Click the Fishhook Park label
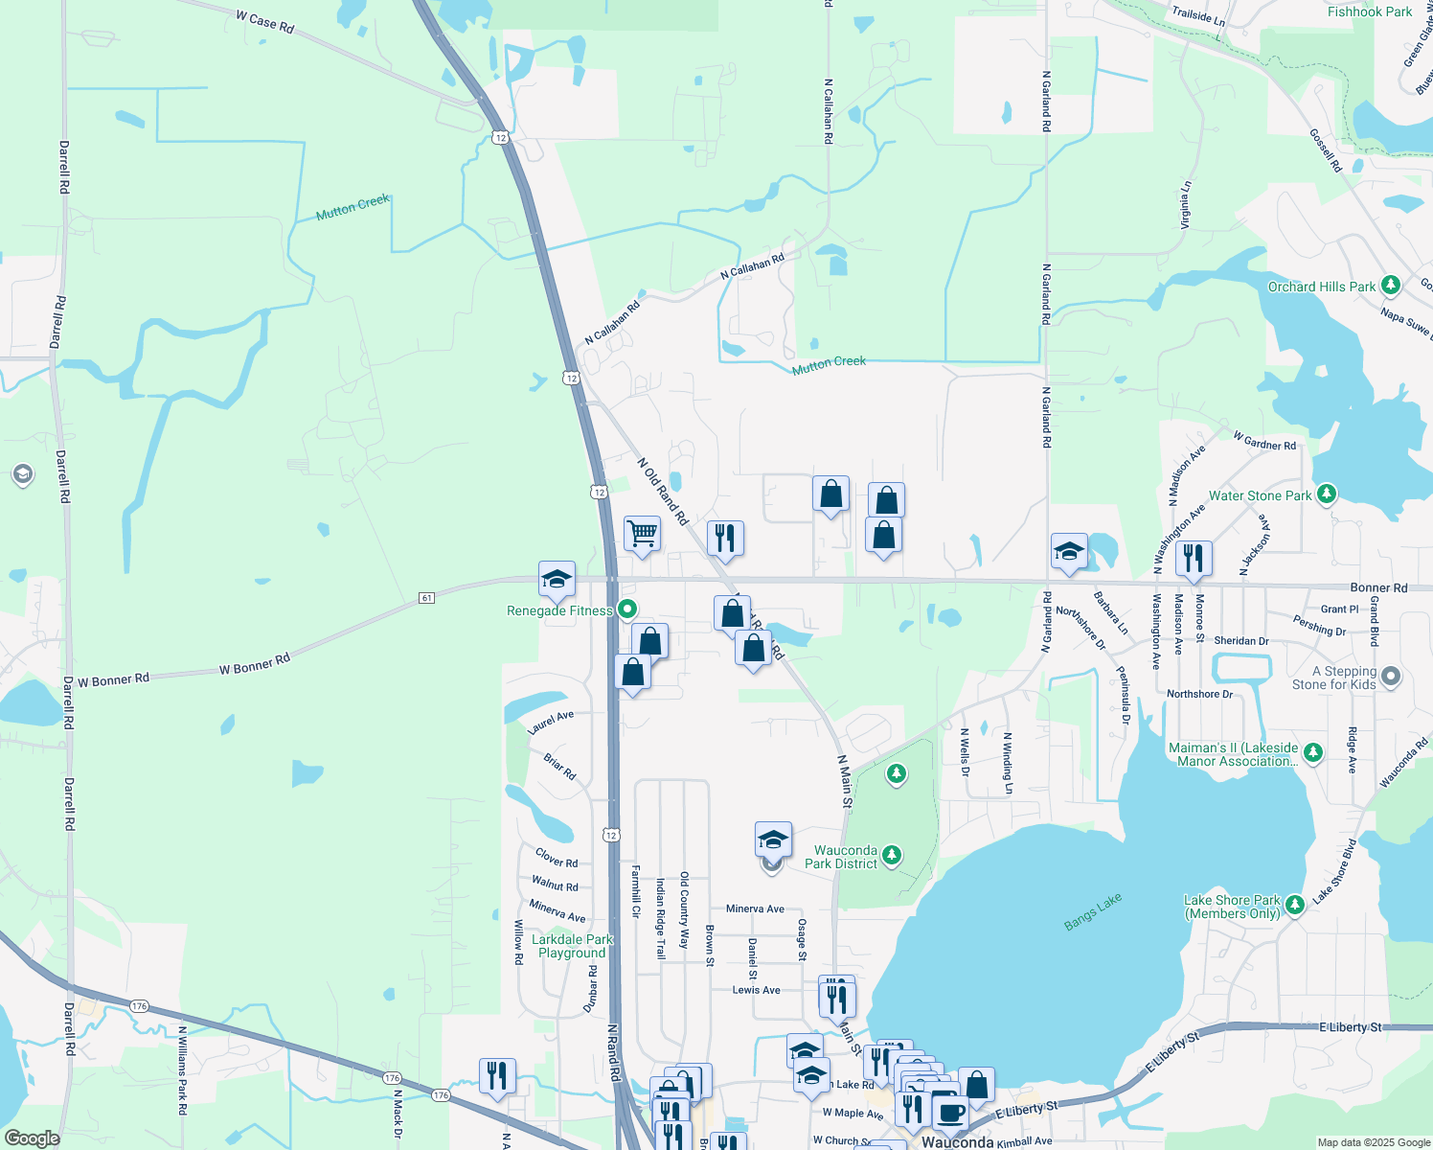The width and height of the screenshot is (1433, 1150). (x=1369, y=12)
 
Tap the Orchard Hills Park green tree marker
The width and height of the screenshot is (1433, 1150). (x=1391, y=286)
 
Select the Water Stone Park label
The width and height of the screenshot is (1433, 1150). (x=1260, y=495)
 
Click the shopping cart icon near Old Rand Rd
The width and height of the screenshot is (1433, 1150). (x=642, y=533)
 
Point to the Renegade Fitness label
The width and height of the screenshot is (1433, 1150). (x=558, y=610)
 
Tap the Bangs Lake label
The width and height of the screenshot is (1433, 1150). (x=1092, y=911)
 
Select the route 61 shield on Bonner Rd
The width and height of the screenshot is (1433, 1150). (x=427, y=598)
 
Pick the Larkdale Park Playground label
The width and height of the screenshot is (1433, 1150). (x=572, y=946)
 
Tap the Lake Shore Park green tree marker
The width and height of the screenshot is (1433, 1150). (x=1294, y=905)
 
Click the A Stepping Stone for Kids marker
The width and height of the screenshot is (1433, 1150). (x=1391, y=677)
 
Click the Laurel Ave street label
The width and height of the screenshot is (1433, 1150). (x=550, y=723)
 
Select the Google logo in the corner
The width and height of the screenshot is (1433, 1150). (x=32, y=1138)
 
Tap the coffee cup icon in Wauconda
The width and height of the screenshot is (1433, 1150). (x=950, y=1112)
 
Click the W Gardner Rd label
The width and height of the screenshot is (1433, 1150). (x=1264, y=441)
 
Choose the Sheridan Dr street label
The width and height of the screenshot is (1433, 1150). (x=1240, y=641)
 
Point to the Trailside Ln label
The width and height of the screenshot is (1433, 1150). (x=1198, y=15)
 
